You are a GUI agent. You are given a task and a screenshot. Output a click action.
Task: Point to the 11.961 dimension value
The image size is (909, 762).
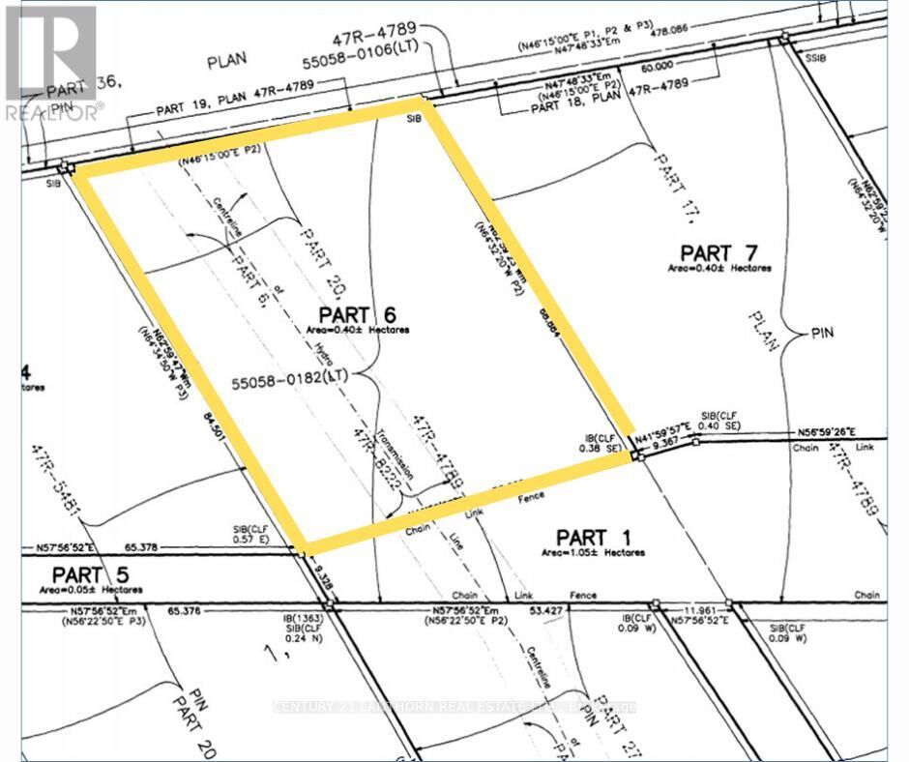700,610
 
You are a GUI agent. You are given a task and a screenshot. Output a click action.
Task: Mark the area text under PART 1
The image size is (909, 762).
593,553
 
